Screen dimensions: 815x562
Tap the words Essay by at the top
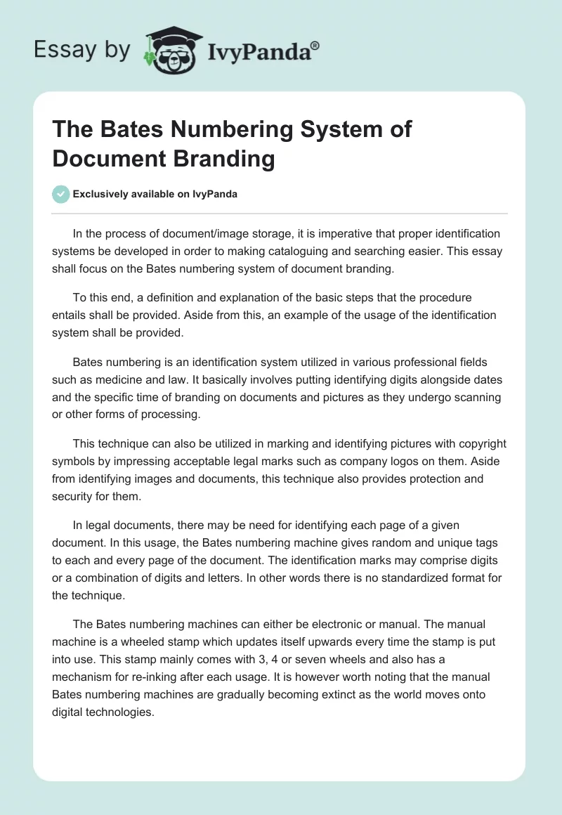pyautogui.click(x=82, y=50)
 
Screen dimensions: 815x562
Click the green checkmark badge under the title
pyautogui.click(x=61, y=194)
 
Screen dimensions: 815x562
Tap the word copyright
pyautogui.click(x=479, y=445)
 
